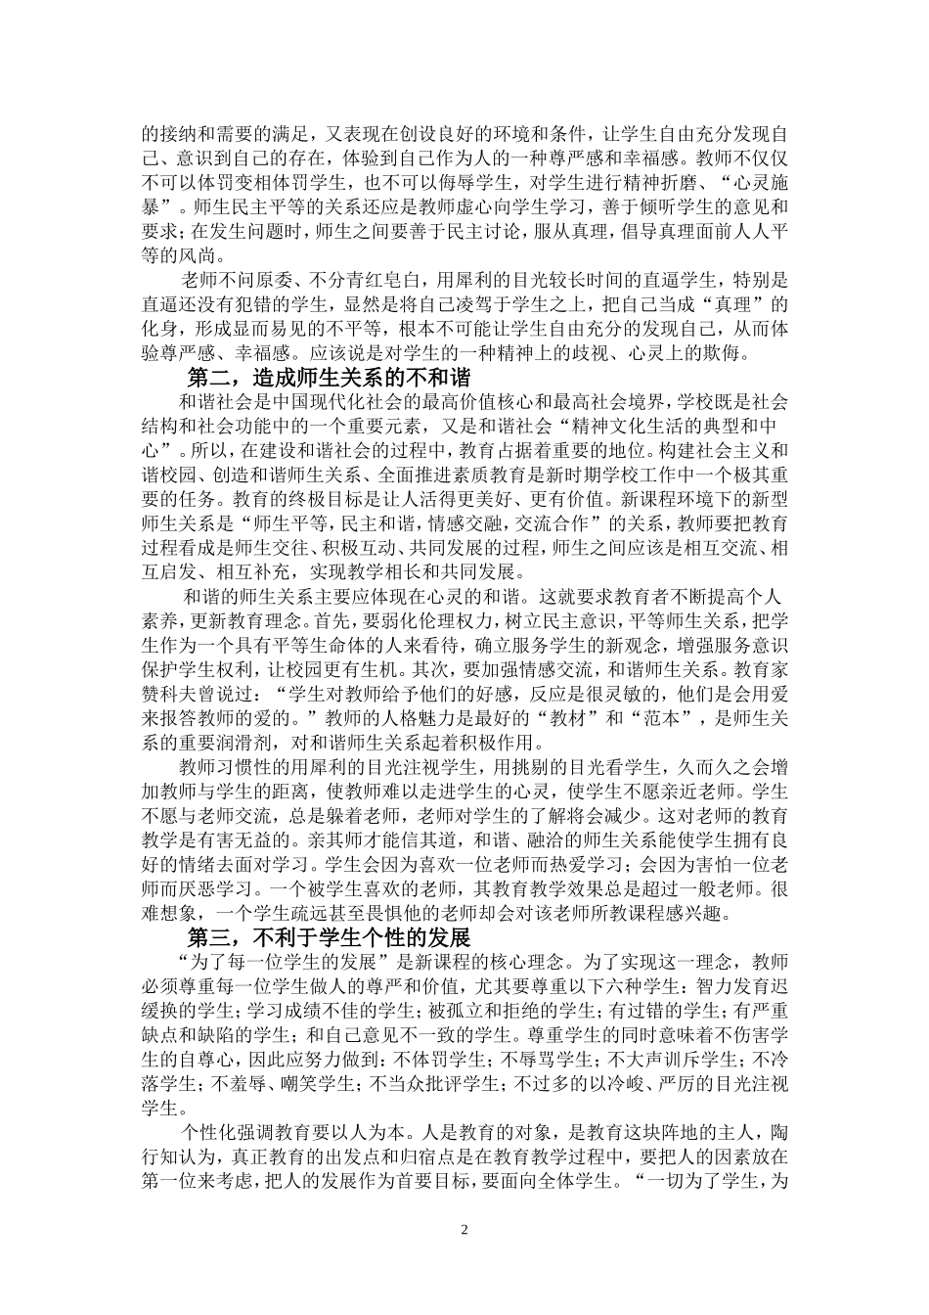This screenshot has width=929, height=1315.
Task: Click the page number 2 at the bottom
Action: point(465,1230)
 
